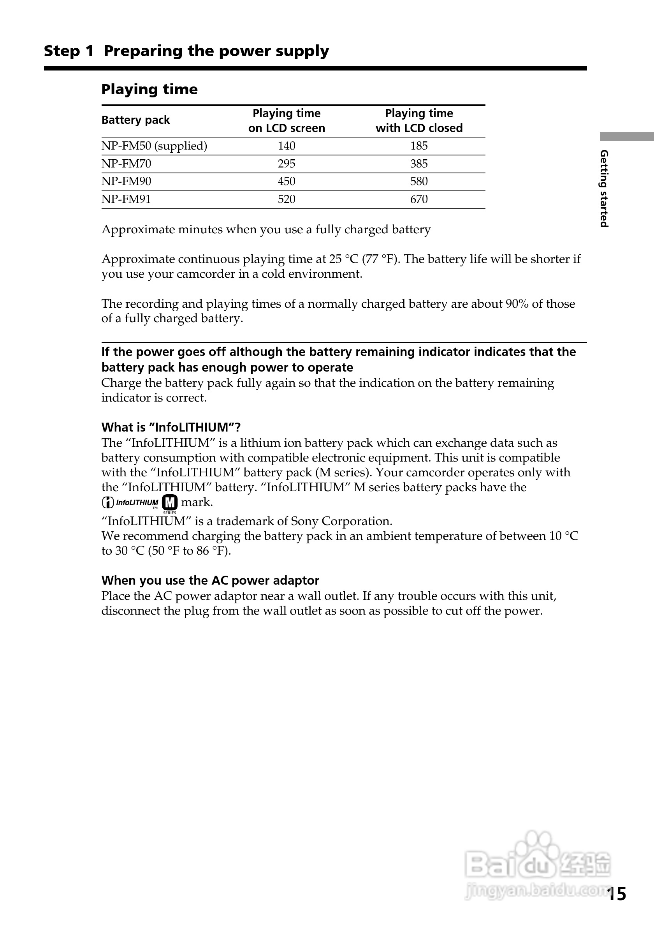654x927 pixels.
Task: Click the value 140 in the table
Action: (287, 146)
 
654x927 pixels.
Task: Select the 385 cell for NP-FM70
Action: (419, 164)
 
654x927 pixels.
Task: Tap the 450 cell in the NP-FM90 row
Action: (287, 181)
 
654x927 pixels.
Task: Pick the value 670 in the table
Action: (419, 199)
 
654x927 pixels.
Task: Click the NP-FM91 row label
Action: (126, 199)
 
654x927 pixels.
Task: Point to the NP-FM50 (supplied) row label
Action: (154, 146)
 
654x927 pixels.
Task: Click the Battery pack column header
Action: (135, 120)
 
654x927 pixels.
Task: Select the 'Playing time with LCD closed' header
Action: (419, 121)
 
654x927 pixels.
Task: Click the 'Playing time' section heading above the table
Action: (149, 89)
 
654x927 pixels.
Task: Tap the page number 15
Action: (617, 894)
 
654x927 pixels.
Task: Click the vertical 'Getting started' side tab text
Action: (604, 189)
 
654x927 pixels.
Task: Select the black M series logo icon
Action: (169, 503)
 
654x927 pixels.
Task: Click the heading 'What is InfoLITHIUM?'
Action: (171, 427)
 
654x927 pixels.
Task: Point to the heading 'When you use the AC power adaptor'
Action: (210, 580)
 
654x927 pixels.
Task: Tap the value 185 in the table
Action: (419, 146)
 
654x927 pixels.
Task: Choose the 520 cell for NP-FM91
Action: (287, 199)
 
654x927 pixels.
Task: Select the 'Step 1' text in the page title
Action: (69, 51)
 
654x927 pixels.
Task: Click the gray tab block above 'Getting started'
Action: (627, 136)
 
